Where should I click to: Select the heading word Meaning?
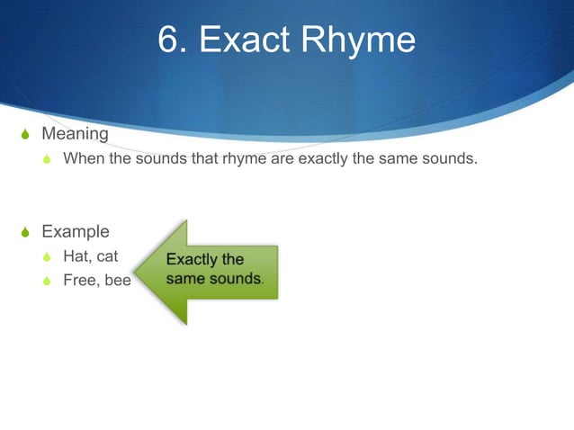[76, 134]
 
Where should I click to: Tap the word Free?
[79, 280]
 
